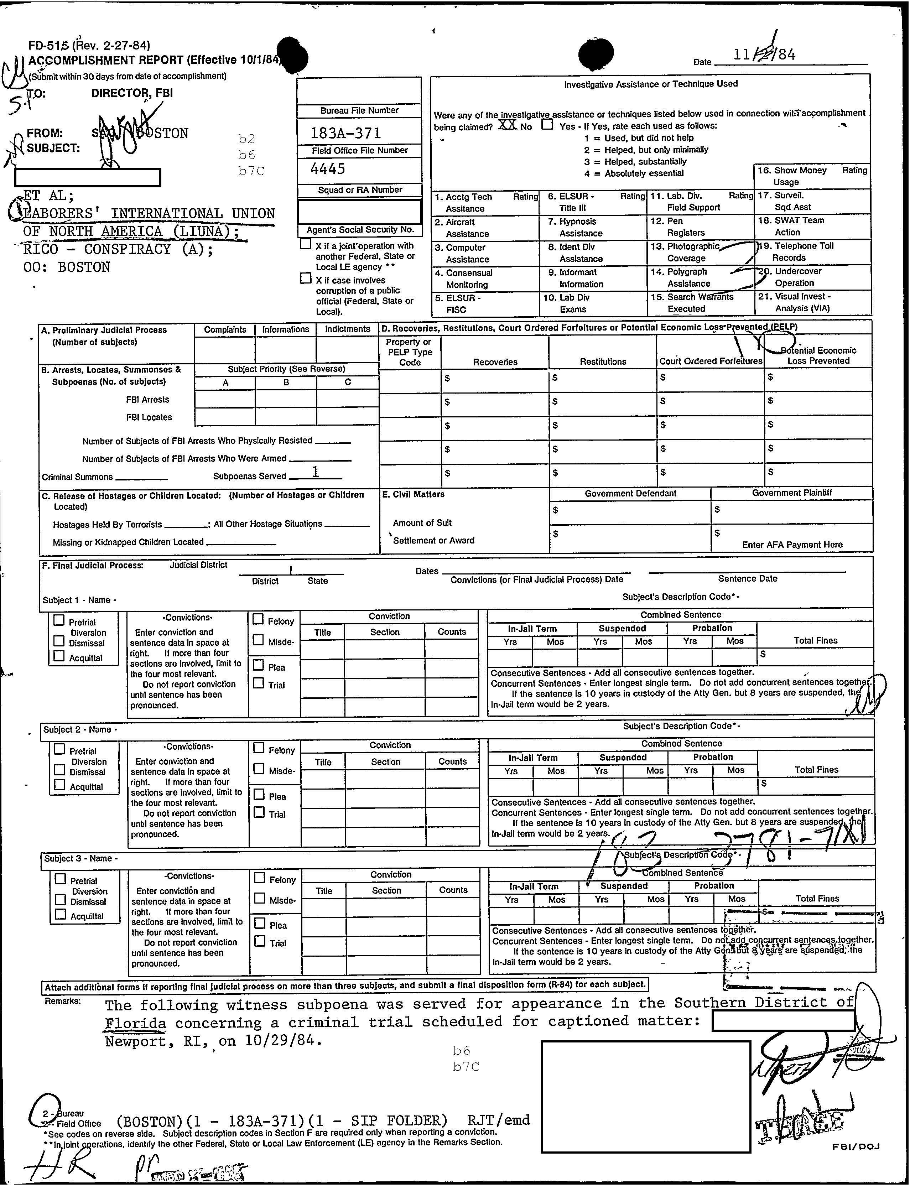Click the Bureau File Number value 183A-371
[345, 133]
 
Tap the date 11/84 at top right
[764, 55]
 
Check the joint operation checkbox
[306, 245]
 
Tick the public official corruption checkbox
[306, 279]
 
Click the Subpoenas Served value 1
[315, 472]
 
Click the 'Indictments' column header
[347, 329]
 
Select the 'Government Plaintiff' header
[791, 493]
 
